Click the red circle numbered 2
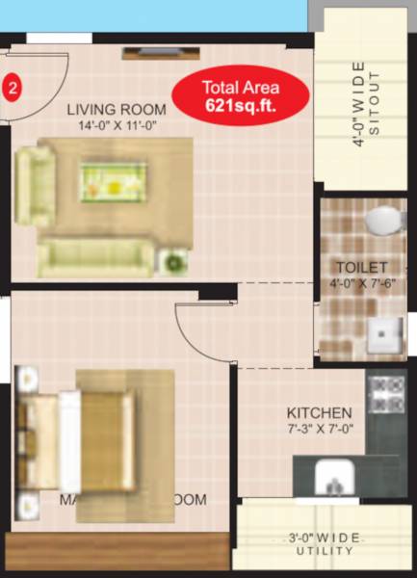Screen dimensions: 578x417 pos(13,88)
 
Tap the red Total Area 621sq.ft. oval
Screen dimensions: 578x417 pos(241,97)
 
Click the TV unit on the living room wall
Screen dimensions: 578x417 pos(153,53)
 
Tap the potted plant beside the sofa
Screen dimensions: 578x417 pos(174,261)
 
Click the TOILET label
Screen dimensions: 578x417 pos(361,267)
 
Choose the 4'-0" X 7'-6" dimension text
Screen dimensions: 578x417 pos(361,283)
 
